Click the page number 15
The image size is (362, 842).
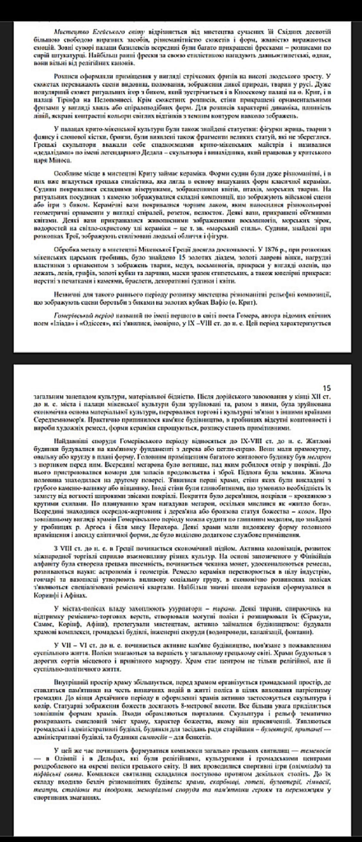tap(326, 388)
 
